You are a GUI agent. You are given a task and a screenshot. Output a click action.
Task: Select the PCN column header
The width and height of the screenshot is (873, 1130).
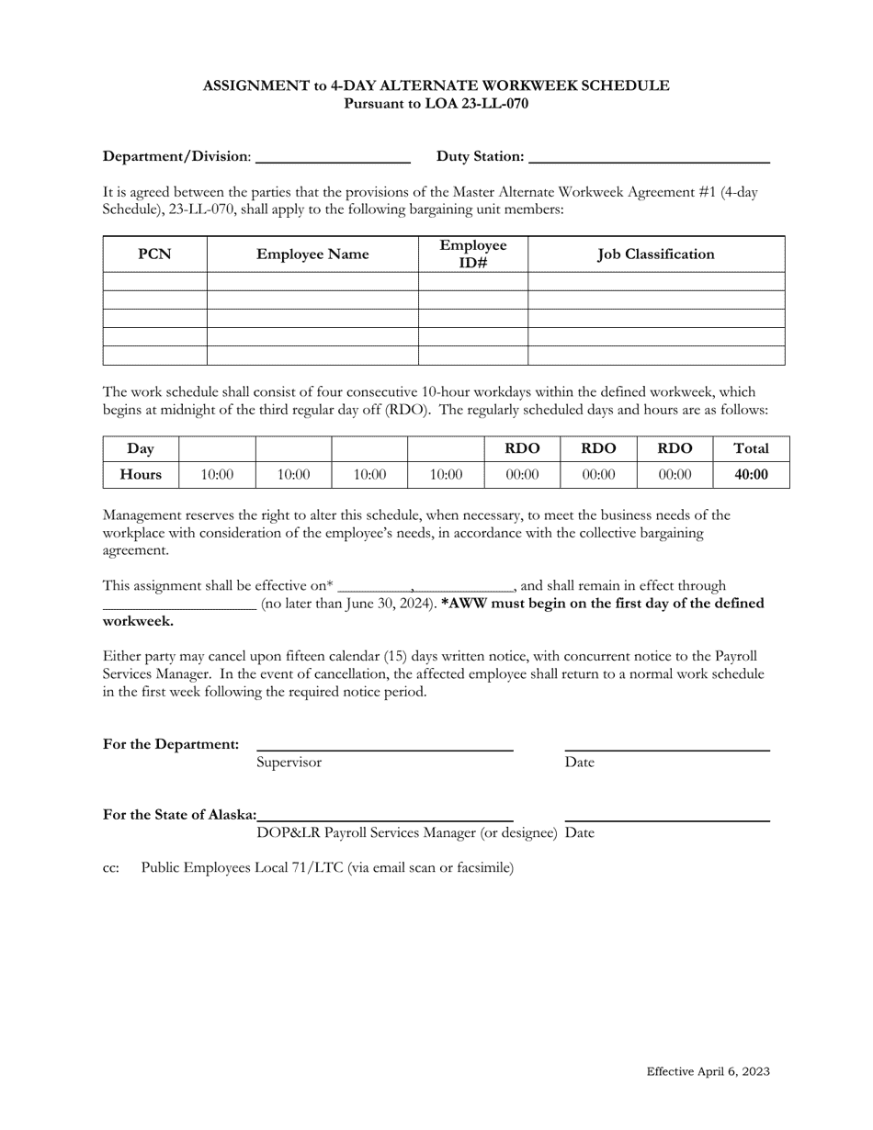(x=154, y=254)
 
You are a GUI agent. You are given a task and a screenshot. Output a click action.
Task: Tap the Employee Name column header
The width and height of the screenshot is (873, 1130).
(x=312, y=254)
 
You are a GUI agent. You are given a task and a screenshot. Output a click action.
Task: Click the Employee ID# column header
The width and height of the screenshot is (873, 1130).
(x=472, y=254)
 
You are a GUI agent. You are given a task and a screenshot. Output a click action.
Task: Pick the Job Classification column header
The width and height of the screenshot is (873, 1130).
(x=655, y=254)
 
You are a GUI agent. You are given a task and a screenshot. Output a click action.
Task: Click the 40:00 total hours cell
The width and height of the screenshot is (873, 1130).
(x=751, y=475)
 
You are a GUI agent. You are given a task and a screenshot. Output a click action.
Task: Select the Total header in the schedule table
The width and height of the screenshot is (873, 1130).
(x=751, y=448)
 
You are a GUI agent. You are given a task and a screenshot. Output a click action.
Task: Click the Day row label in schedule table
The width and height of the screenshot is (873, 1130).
(x=141, y=448)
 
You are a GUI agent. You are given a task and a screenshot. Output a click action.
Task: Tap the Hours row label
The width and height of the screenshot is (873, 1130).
(x=141, y=475)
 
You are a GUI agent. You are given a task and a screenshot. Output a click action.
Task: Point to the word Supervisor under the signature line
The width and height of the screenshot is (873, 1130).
(x=289, y=763)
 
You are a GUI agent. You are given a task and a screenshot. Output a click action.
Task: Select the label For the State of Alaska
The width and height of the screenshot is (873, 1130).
(x=180, y=815)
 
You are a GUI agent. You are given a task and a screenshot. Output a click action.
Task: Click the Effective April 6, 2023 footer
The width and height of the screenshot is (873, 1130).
(x=708, y=1071)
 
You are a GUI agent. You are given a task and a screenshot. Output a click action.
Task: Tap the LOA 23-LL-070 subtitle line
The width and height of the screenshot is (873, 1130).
(x=436, y=104)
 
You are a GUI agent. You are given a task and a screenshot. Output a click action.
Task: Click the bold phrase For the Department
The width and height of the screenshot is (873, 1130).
(x=171, y=744)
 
